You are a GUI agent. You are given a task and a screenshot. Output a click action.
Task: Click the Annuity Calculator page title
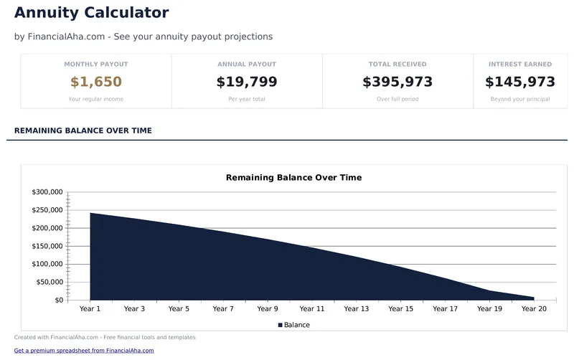[x=91, y=13]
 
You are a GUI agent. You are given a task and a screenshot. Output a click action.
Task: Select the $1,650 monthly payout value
[x=96, y=82]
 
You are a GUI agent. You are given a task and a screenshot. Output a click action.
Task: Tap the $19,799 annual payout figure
[x=247, y=82]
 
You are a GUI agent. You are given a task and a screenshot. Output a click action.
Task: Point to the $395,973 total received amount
[x=397, y=82]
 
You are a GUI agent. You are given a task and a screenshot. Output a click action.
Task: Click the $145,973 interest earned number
[x=520, y=82]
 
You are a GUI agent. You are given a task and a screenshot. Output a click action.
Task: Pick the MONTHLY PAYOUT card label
[x=96, y=65]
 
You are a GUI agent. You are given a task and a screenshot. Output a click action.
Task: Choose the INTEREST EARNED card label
[x=520, y=65]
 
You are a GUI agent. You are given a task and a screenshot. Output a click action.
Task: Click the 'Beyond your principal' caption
[x=520, y=99]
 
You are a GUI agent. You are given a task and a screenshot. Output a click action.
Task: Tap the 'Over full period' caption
[x=397, y=99]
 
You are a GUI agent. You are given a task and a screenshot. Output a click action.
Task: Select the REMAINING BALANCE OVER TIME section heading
[x=83, y=131]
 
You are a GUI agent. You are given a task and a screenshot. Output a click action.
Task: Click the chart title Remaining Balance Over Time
[x=293, y=177]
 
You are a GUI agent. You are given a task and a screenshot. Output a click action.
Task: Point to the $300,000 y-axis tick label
[x=47, y=192]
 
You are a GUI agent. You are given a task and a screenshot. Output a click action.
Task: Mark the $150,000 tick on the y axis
[x=47, y=246]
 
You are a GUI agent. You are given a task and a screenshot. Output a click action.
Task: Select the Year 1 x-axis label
[x=90, y=309]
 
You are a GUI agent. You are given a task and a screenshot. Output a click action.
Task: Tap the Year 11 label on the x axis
[x=312, y=309]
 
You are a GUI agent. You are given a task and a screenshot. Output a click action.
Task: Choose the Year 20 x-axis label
[x=534, y=309]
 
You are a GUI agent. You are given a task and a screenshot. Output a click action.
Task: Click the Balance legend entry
[x=294, y=325]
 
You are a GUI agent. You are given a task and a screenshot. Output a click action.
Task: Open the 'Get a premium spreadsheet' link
[x=84, y=351]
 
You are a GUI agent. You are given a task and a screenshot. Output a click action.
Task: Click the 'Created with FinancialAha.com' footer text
[x=105, y=337]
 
